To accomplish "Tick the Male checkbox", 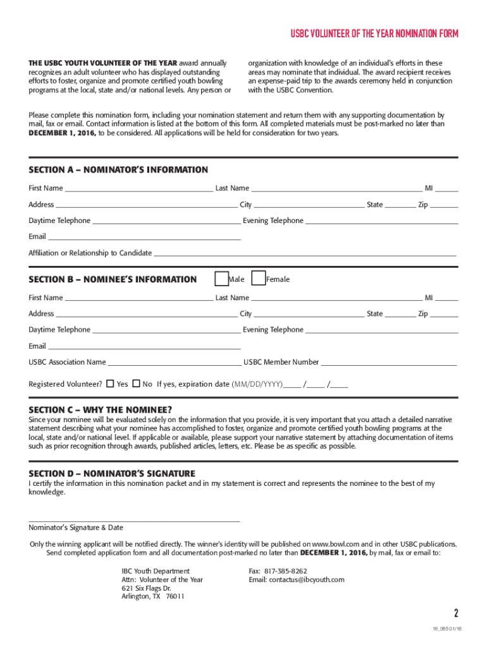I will point(222,279).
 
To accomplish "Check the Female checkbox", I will point(259,279).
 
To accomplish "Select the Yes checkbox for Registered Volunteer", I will point(110,384).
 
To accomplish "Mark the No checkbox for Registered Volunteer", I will point(136,384).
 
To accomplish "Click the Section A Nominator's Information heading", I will point(118,170).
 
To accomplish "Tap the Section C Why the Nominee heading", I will point(100,409).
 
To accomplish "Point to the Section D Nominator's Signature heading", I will point(112,474).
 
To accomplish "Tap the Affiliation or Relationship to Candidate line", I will point(304,255).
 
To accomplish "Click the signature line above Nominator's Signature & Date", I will point(134,521).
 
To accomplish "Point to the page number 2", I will point(455,613).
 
